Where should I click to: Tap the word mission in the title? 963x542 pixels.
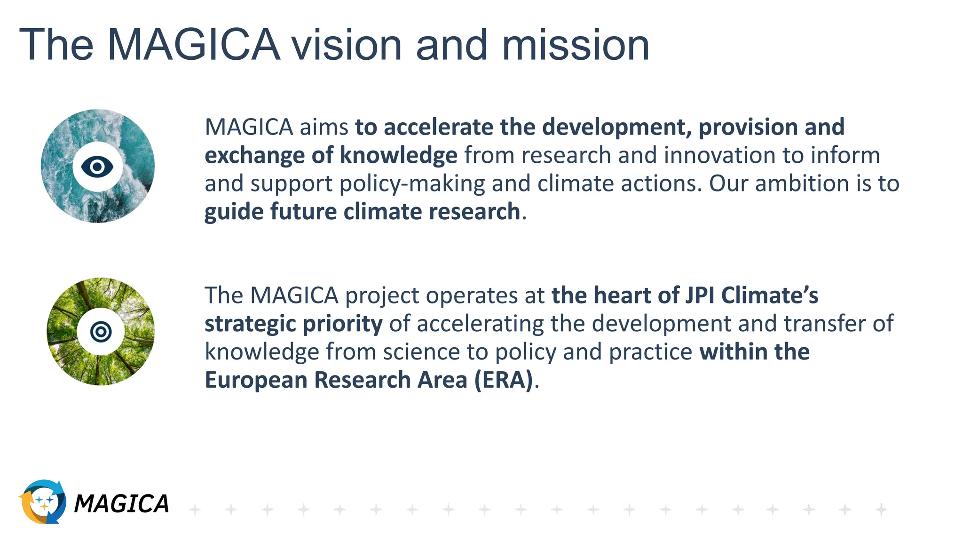point(576,45)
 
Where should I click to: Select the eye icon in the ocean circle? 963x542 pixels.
point(97,167)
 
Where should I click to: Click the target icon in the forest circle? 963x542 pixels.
point(101,332)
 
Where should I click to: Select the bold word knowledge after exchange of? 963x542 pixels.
point(398,155)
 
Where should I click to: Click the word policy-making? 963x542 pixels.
point(412,183)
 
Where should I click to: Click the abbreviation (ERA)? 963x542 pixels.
point(504,380)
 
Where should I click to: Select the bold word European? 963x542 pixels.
point(256,380)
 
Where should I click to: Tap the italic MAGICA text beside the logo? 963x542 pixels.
point(121,504)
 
